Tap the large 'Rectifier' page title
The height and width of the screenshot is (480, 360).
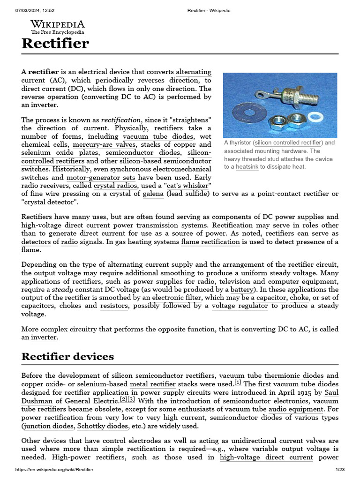55,44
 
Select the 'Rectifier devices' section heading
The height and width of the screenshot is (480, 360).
67,356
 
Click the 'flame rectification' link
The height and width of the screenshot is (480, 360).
210,242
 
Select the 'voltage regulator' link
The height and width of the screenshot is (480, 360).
240,306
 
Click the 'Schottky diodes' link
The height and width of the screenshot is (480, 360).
102,426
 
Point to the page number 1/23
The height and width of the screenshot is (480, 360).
340,470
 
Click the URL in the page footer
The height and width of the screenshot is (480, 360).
54,470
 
